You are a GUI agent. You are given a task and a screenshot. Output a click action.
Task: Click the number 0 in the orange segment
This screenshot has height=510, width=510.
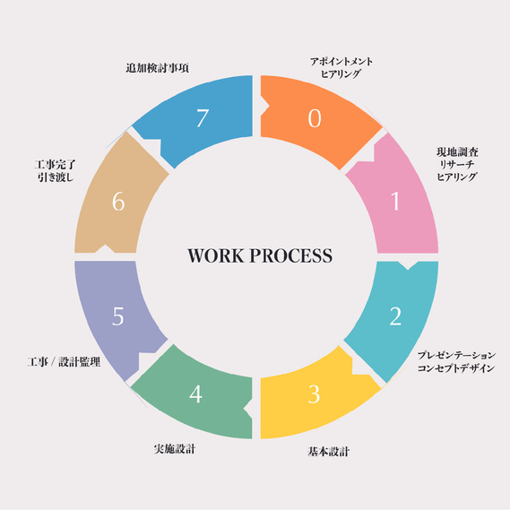tap(315, 117)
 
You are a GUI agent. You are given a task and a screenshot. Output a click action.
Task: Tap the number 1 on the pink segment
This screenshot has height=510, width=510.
tap(395, 201)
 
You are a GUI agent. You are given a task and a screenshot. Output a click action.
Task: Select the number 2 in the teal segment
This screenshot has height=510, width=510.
tap(395, 316)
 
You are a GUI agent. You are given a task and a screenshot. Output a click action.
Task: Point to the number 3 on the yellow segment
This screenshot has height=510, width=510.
tap(315, 394)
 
